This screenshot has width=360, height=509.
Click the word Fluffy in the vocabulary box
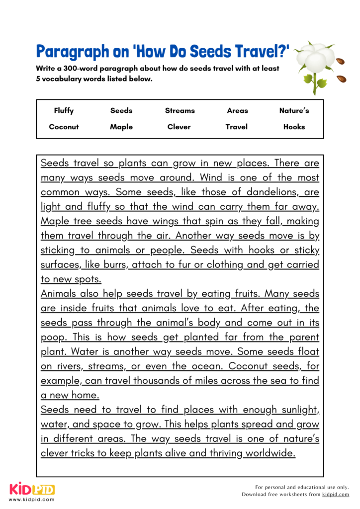[64, 111]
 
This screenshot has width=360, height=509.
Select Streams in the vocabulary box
[180, 111]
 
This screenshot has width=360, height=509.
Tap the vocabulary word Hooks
[294, 127]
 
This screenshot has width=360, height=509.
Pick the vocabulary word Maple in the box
[121, 127]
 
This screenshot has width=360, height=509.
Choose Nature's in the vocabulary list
[294, 111]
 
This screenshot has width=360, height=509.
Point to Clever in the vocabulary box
[179, 127]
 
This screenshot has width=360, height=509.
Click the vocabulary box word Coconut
[64, 127]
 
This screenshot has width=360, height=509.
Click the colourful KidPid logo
[31, 490]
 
